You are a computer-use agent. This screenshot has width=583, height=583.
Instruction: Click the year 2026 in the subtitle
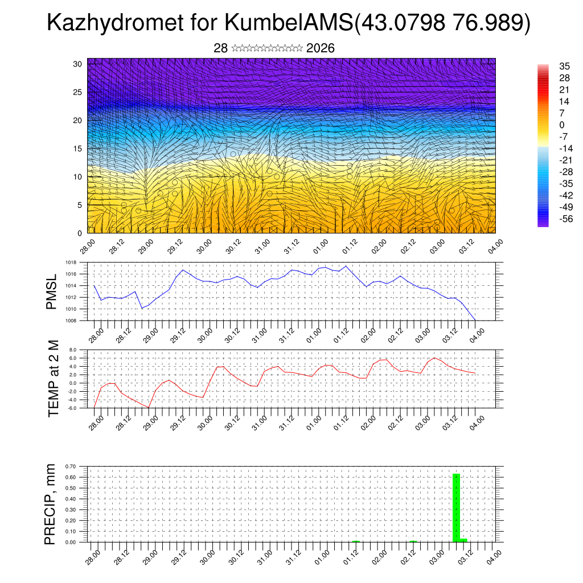(x=321, y=48)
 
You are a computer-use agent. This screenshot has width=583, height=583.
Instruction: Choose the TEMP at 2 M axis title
(x=54, y=378)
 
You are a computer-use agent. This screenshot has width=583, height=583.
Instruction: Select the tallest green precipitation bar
(x=456, y=507)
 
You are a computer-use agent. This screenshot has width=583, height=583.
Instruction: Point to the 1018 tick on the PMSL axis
(x=71, y=262)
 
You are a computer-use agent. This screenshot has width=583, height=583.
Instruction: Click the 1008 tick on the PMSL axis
(x=71, y=321)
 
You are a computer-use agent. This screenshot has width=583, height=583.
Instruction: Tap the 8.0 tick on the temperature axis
(x=73, y=350)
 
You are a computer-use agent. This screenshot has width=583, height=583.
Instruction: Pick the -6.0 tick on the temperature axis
(x=72, y=408)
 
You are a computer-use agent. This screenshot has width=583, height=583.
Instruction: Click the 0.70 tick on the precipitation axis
(x=71, y=466)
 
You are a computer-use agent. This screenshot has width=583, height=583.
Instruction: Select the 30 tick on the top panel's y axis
(x=77, y=64)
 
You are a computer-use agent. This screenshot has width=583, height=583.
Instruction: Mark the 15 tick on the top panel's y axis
(x=77, y=149)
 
